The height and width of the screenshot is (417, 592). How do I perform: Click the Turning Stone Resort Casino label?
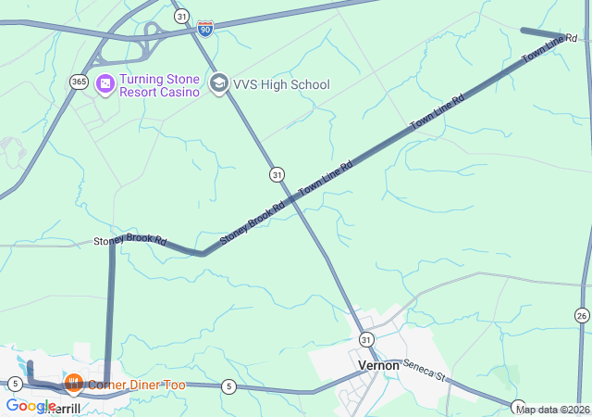pyautogui.click(x=159, y=85)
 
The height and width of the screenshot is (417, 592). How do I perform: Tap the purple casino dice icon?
pyautogui.click(x=105, y=84)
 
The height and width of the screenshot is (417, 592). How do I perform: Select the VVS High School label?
pyautogui.click(x=280, y=85)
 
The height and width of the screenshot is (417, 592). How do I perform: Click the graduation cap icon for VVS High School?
pyautogui.click(x=218, y=84)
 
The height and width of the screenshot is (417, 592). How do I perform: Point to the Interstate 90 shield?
pyautogui.click(x=205, y=29)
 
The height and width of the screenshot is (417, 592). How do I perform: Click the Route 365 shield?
pyautogui.click(x=79, y=82)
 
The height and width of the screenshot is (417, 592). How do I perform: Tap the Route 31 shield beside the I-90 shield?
pyautogui.click(x=181, y=17)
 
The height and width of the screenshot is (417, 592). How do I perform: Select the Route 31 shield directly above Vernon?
pyautogui.click(x=367, y=340)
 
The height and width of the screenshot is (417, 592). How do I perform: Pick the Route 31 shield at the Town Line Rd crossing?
pyautogui.click(x=277, y=173)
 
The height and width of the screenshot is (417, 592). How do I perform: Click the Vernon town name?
pyautogui.click(x=378, y=365)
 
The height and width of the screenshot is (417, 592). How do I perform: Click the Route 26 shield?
pyautogui.click(x=581, y=316)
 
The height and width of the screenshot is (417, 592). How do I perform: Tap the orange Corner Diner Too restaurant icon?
pyautogui.click(x=74, y=384)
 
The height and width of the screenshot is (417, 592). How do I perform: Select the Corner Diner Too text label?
pyautogui.click(x=136, y=385)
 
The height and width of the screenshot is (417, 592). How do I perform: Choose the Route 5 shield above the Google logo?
pyautogui.click(x=15, y=384)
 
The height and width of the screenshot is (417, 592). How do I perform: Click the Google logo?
pyautogui.click(x=30, y=406)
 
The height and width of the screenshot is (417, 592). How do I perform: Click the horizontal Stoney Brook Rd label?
pyautogui.click(x=129, y=241)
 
